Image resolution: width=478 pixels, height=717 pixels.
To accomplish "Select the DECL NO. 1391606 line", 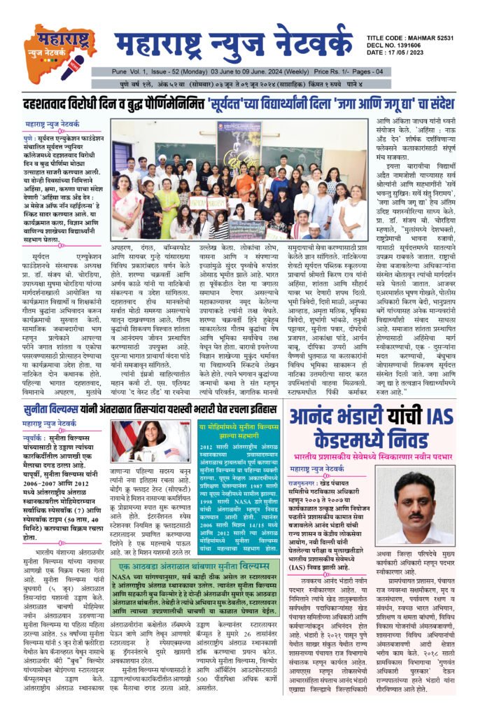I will [x=409, y=45].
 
